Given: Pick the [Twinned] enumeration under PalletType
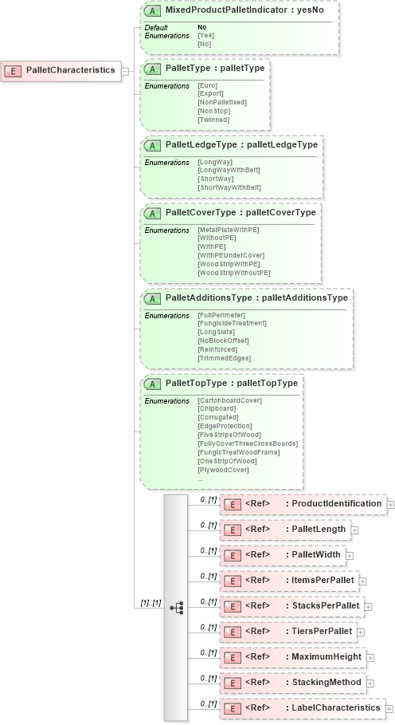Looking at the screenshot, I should tap(213, 120).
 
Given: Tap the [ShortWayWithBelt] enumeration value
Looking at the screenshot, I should tap(229, 187).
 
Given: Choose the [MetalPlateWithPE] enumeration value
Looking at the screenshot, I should tap(228, 230).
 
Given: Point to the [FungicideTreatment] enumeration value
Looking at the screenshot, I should tap(232, 323).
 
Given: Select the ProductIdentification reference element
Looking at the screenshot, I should tap(302, 504).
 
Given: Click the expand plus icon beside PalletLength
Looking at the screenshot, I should tap(354, 529).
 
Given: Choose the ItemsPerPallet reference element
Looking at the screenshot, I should tap(290, 580).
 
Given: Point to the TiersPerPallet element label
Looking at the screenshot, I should tap(322, 631).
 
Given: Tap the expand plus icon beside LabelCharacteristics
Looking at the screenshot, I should tap(389, 707).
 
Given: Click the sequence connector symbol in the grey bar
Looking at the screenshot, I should tap(175, 608).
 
